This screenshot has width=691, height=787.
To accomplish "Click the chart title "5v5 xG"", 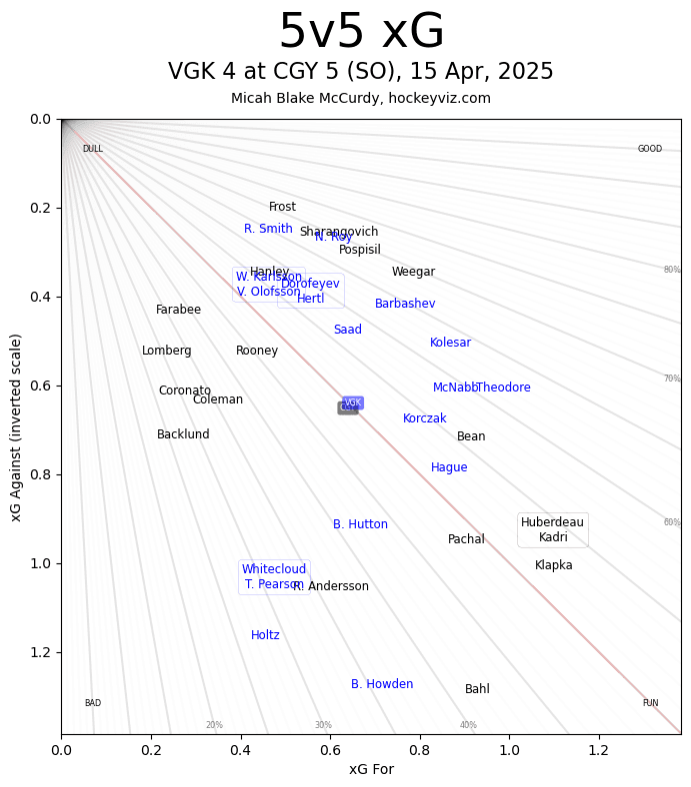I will click(x=361, y=32).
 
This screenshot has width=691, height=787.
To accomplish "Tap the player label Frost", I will click(x=282, y=207).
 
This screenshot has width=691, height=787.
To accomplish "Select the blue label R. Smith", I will click(x=268, y=229).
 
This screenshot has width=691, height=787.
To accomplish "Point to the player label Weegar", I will click(x=413, y=272).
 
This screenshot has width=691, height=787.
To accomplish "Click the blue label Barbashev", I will click(x=405, y=304).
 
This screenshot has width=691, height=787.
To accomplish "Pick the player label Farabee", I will click(x=178, y=310).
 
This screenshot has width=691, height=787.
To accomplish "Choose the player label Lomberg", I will click(x=166, y=351).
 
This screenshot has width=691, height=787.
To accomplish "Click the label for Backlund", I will click(x=183, y=434).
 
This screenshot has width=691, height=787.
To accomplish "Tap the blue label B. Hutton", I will click(x=360, y=524).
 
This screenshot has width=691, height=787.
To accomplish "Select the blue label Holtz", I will click(x=265, y=635).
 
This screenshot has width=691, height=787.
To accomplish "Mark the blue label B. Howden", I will click(x=382, y=684).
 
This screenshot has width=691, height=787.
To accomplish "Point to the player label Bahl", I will click(x=477, y=689).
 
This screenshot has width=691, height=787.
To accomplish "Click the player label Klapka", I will click(x=553, y=565).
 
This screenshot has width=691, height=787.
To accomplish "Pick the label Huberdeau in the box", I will click(x=552, y=522).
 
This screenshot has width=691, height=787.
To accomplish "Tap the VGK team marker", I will click(x=353, y=402).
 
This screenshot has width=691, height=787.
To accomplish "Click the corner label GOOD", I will click(x=650, y=149).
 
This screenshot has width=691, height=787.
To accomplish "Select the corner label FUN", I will click(x=650, y=703).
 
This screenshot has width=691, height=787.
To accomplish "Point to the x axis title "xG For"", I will click(x=371, y=769).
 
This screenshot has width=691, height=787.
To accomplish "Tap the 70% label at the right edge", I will click(x=671, y=379).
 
